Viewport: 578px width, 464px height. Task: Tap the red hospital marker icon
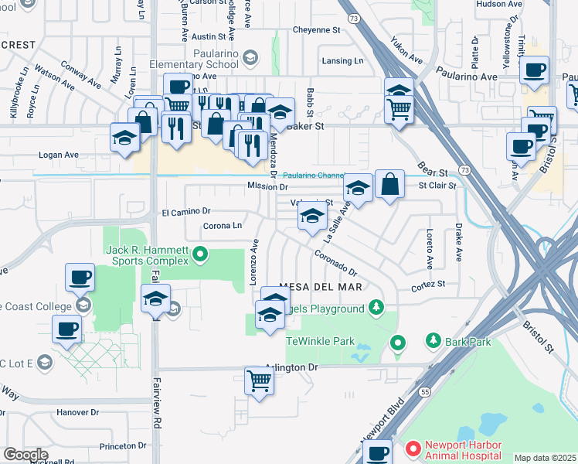pyautogui.click(x=413, y=448)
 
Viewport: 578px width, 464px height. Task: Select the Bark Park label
pyautogui.click(x=464, y=340)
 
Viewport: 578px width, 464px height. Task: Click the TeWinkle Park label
pyautogui.click(x=320, y=341)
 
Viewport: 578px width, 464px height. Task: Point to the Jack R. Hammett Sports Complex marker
pyautogui.click(x=200, y=253)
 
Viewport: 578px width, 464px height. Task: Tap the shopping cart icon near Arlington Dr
pyautogui.click(x=259, y=380)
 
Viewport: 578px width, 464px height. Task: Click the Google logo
pyautogui.click(x=25, y=455)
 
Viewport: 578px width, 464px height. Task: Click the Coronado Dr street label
pyautogui.click(x=335, y=263)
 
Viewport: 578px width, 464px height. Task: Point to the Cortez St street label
pyautogui.click(x=429, y=285)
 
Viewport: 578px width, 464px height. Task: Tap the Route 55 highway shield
pyautogui.click(x=425, y=393)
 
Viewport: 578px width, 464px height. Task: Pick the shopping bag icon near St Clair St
pyautogui.click(x=390, y=184)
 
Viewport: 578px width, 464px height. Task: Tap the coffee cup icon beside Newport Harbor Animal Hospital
pyautogui.click(x=377, y=452)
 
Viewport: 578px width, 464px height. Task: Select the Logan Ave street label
pyautogui.click(x=59, y=155)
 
